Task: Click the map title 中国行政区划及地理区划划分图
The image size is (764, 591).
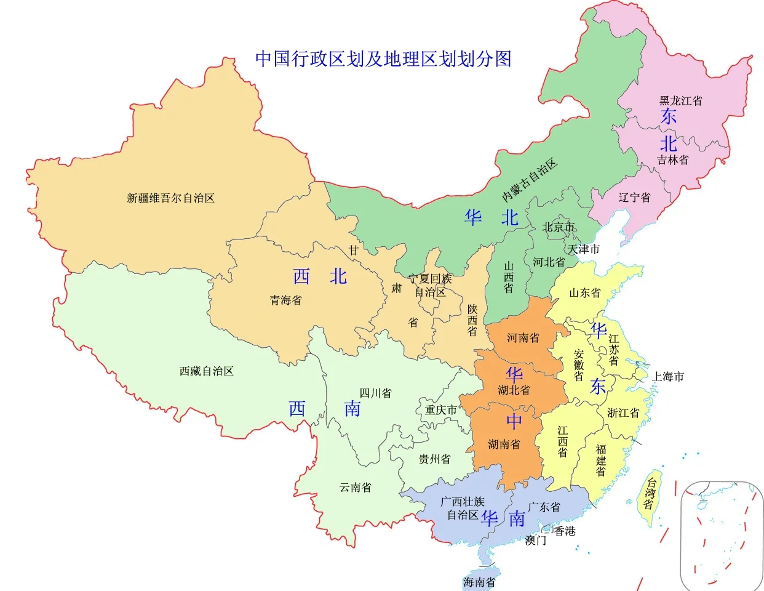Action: pyautogui.click(x=383, y=58)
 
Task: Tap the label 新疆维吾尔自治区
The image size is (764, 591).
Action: pyautogui.click(x=170, y=198)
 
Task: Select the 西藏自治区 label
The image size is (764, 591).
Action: pyautogui.click(x=206, y=371)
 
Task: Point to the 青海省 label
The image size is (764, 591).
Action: pyautogui.click(x=286, y=300)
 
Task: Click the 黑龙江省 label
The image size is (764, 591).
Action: pyautogui.click(x=680, y=100)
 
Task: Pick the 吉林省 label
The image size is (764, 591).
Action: pyautogui.click(x=672, y=160)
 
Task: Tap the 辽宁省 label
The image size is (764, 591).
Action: pyautogui.click(x=634, y=198)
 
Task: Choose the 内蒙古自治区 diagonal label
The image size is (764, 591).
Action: pyautogui.click(x=529, y=180)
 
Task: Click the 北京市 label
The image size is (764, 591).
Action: pyautogui.click(x=558, y=227)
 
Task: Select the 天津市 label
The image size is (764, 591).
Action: pyautogui.click(x=583, y=249)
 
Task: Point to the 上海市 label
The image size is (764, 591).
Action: pyautogui.click(x=668, y=376)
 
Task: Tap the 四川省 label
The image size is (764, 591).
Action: pyautogui.click(x=375, y=393)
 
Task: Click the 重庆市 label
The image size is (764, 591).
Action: pyautogui.click(x=441, y=409)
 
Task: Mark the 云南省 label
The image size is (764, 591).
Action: pyautogui.click(x=355, y=488)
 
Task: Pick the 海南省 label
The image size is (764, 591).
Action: pyautogui.click(x=479, y=582)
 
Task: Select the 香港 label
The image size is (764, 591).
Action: pyautogui.click(x=565, y=531)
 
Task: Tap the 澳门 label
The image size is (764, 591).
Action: pyautogui.click(x=535, y=541)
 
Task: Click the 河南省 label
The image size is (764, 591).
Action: pyautogui.click(x=523, y=338)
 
